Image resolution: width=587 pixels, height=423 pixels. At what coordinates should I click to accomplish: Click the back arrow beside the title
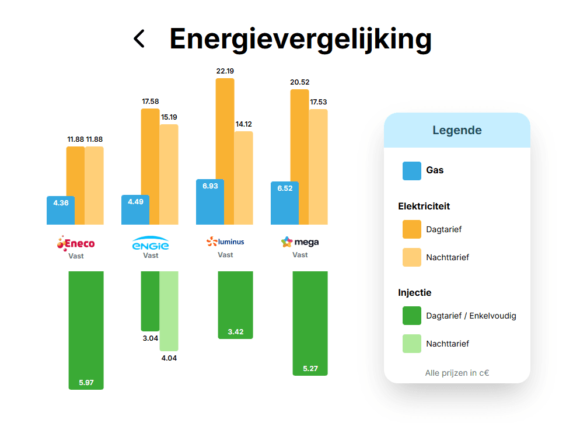[x=139, y=39]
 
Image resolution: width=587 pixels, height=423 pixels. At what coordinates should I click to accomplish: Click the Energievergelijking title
[x=301, y=39]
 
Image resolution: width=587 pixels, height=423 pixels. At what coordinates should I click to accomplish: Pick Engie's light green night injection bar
[x=169, y=310]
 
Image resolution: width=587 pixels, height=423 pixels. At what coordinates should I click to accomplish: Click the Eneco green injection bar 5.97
[x=86, y=330]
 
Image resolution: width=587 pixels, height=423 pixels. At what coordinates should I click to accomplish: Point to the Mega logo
[x=300, y=242]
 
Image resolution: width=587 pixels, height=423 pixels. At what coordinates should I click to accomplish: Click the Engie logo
[x=151, y=243]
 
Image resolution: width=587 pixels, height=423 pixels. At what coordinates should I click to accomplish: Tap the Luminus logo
[x=225, y=242]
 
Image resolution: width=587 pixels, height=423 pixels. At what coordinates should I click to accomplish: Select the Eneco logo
[x=76, y=243]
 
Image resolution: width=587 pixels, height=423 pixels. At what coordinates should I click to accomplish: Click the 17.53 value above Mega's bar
[x=318, y=102]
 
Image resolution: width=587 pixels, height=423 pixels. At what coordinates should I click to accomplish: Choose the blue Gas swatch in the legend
[x=412, y=171]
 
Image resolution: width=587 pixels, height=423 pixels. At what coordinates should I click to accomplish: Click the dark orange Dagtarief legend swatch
[x=412, y=229]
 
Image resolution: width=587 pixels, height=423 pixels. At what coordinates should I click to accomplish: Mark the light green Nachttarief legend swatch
[x=412, y=344]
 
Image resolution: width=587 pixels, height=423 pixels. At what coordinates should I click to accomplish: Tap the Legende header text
[x=457, y=130]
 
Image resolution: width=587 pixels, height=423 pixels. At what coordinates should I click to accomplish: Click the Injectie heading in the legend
[x=415, y=292]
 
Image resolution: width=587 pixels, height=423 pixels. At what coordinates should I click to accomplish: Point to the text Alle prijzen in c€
[x=457, y=373]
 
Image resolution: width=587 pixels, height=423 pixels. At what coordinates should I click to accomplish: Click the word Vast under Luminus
[x=225, y=255]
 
